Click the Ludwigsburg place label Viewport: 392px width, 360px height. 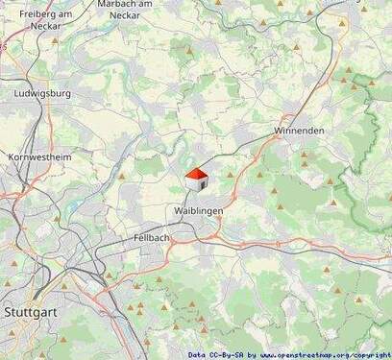(43, 94)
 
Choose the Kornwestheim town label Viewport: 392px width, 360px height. (39, 156)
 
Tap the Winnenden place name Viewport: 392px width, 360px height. (299, 130)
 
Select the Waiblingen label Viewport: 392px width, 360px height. (199, 209)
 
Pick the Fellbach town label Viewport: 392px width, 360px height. (152, 236)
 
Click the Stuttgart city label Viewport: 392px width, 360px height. (28, 312)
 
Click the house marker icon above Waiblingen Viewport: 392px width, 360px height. (196, 180)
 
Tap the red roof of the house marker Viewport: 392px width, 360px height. (196, 174)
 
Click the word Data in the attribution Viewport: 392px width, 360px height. (197, 354)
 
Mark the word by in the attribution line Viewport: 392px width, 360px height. (252, 354)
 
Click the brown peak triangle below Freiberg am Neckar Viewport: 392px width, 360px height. (55, 40)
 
